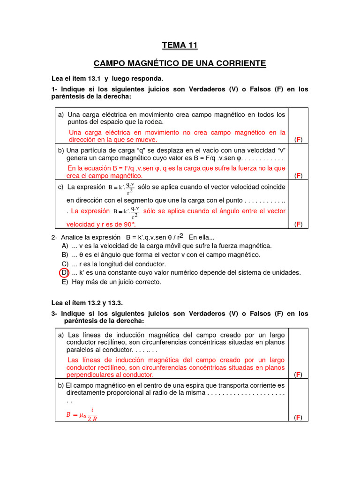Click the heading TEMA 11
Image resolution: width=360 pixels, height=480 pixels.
click(x=180, y=45)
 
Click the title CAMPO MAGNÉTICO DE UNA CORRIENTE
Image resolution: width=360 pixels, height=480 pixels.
click(x=180, y=63)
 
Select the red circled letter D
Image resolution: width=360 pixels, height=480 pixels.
click(x=64, y=273)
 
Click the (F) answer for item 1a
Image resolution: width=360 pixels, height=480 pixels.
click(x=298, y=140)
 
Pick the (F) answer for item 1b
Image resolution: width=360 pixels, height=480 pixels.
click(x=298, y=176)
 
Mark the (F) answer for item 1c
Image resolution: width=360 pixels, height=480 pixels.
click(x=298, y=224)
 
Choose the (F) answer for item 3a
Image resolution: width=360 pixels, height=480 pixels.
click(x=298, y=375)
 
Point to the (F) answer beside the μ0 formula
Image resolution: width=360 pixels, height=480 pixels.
click(x=298, y=418)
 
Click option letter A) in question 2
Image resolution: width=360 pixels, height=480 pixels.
click(x=65, y=246)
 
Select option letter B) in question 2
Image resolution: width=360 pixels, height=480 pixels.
click(x=65, y=255)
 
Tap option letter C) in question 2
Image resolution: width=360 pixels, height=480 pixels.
click(x=65, y=264)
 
